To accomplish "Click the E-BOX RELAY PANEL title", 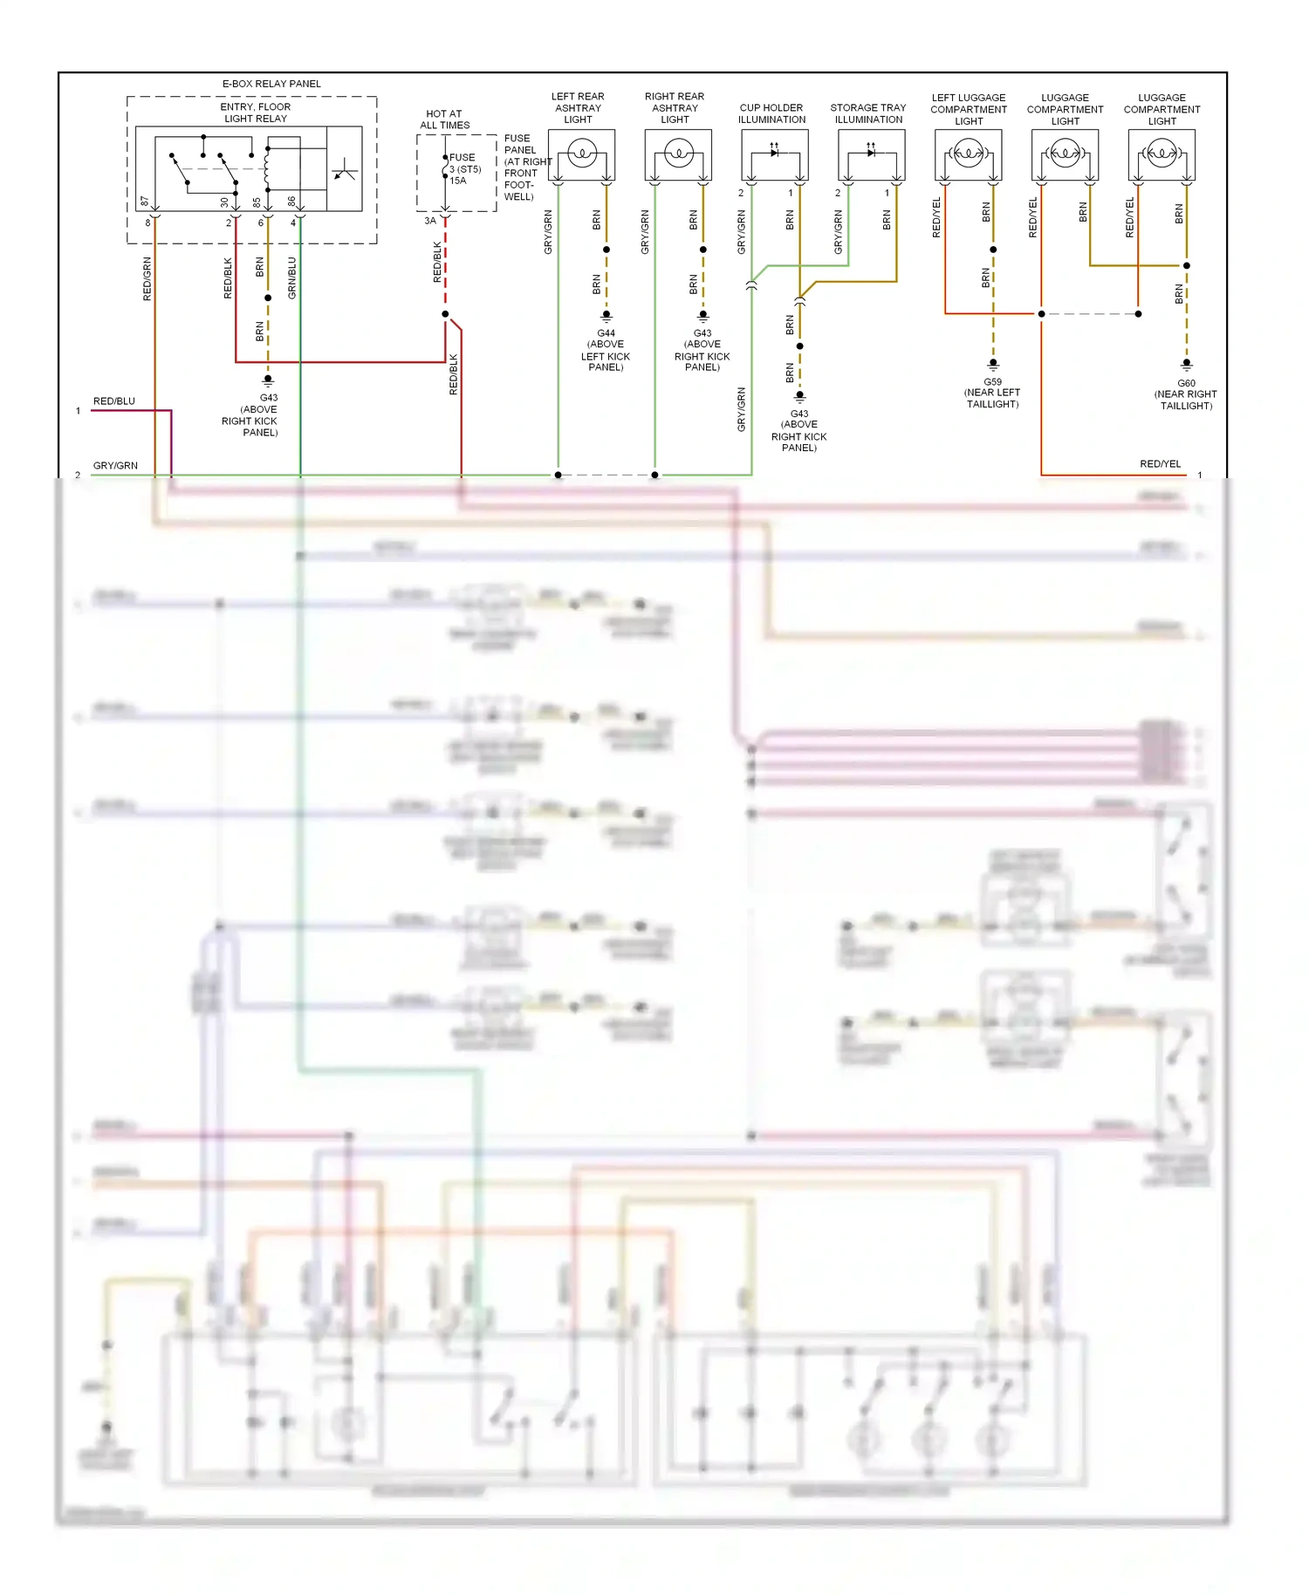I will (271, 84).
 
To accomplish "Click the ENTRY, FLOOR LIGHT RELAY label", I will (256, 113).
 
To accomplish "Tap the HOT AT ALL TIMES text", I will (444, 120).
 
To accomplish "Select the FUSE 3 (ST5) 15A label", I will (465, 169).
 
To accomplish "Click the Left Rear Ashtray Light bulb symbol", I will (581, 154).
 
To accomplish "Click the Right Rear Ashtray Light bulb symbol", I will (678, 154).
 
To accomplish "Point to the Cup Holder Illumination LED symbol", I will (774, 153).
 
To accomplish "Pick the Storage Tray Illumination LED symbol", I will (871, 153).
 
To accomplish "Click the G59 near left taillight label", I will (992, 394).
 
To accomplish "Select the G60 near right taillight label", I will (1186, 394).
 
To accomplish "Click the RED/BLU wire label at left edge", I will (114, 401).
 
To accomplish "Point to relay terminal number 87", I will (145, 202).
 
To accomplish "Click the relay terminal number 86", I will (292, 202).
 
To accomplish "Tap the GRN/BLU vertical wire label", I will (292, 277).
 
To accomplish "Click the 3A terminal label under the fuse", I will (429, 221).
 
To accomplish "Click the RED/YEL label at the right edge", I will (1160, 464).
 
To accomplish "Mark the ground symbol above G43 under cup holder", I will (799, 397).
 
